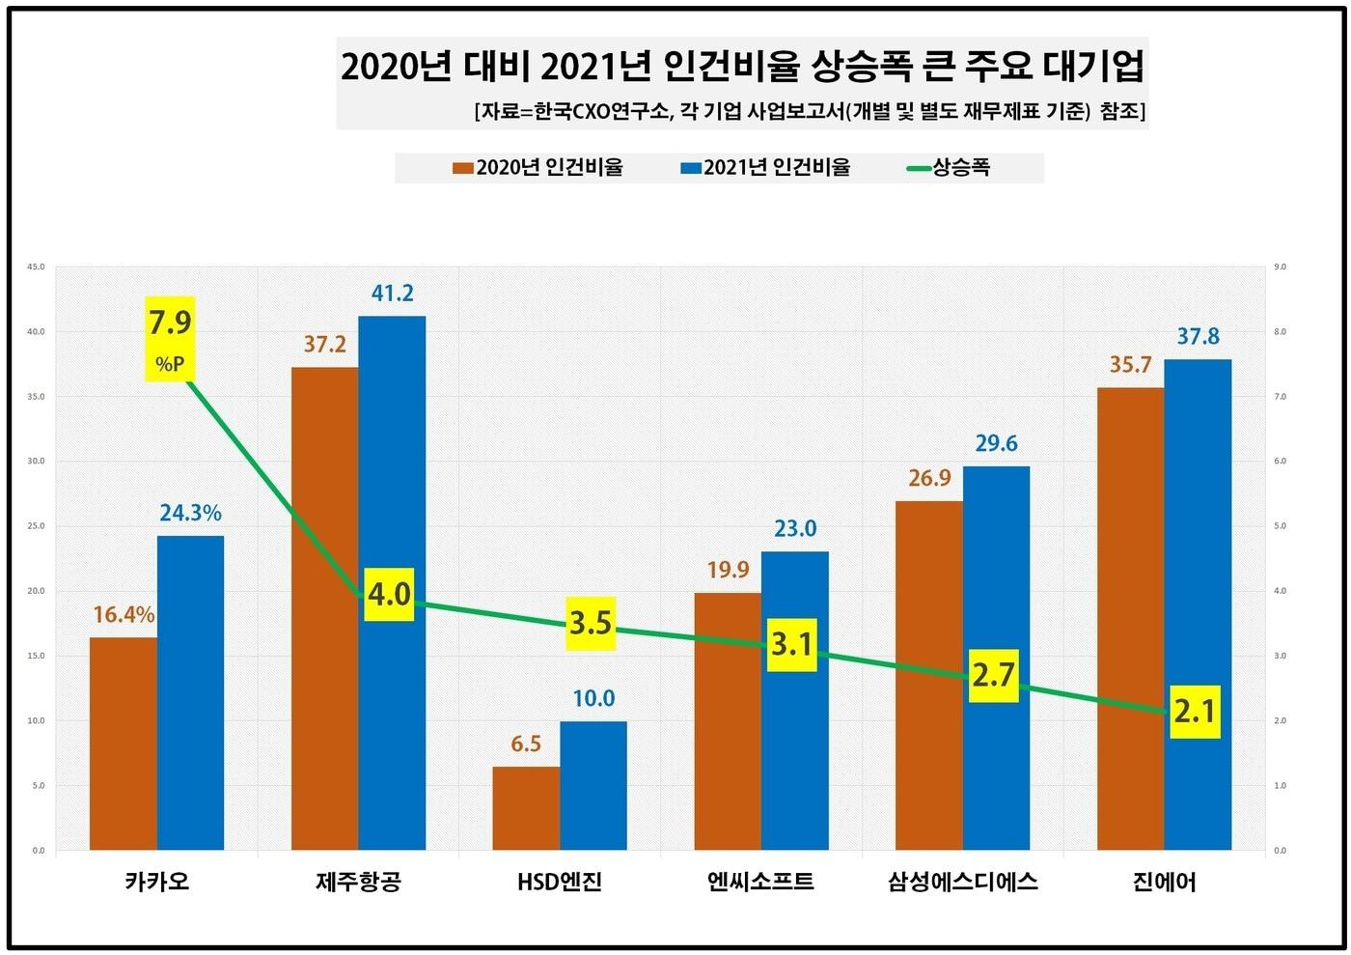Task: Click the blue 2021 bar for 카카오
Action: point(190,692)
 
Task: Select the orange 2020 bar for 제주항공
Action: point(324,608)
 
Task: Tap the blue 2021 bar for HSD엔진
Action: point(593,785)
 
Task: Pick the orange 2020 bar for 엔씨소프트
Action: point(728,721)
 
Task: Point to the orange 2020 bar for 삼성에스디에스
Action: point(928,676)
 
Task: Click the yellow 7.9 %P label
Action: point(170,338)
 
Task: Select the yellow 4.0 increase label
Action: point(389,594)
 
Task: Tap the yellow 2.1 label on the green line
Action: point(1195,713)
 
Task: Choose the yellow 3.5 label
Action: point(591,623)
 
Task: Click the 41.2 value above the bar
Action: point(392,293)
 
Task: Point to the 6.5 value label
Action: point(525,744)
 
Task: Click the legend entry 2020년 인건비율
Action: point(538,168)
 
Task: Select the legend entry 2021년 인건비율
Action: point(766,168)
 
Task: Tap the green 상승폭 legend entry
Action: point(950,168)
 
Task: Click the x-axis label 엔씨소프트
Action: point(760,882)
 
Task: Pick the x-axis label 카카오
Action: point(156,882)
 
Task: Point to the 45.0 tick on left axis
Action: point(36,267)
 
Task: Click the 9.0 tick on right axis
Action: point(1281,267)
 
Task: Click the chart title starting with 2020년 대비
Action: point(742,67)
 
